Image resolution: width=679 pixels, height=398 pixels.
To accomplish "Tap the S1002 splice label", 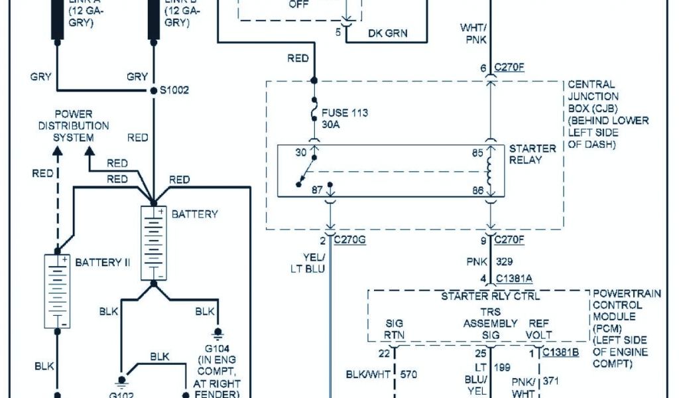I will click(x=175, y=90).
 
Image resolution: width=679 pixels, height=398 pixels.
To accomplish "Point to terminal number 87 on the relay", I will click(x=317, y=190).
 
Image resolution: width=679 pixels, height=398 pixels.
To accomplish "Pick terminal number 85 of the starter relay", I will click(x=476, y=152).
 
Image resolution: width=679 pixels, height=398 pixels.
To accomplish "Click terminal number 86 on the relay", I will click(x=476, y=190).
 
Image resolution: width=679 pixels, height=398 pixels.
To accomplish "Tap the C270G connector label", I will click(x=350, y=240).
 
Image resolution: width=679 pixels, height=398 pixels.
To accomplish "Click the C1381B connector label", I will click(x=560, y=352).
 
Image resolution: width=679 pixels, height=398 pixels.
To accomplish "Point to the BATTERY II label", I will click(x=103, y=263).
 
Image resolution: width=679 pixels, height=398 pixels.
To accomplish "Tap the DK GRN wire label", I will click(x=388, y=33).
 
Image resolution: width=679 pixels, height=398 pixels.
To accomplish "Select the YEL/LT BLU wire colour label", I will click(x=310, y=263).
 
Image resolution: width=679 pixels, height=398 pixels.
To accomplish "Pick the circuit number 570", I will click(x=408, y=375).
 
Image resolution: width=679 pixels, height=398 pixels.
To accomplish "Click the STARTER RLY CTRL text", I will click(x=490, y=296).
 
